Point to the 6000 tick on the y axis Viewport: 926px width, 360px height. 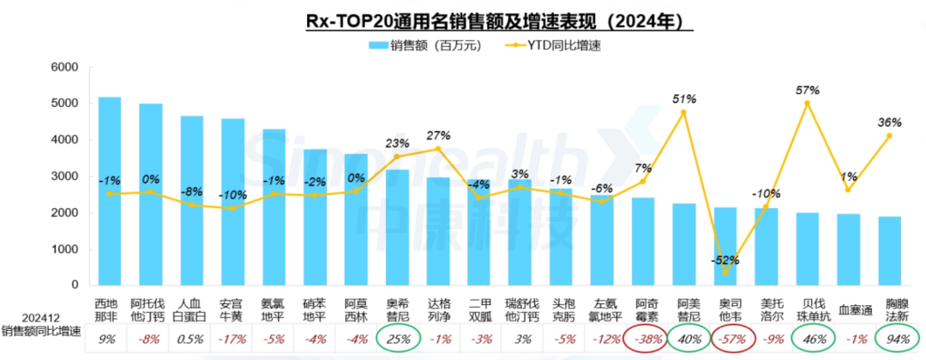pos(64,68)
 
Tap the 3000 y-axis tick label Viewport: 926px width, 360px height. pos(64,177)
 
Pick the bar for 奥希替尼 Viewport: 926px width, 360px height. pos(397,227)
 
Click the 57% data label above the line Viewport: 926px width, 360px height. pos(807,90)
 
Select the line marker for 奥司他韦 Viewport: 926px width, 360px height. pos(725,274)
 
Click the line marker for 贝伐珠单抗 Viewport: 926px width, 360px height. pos(807,103)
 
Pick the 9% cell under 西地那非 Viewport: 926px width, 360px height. pos(110,339)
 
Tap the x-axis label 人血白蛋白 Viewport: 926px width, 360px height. pos(192,309)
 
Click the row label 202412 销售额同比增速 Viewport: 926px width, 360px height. pos(39,323)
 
